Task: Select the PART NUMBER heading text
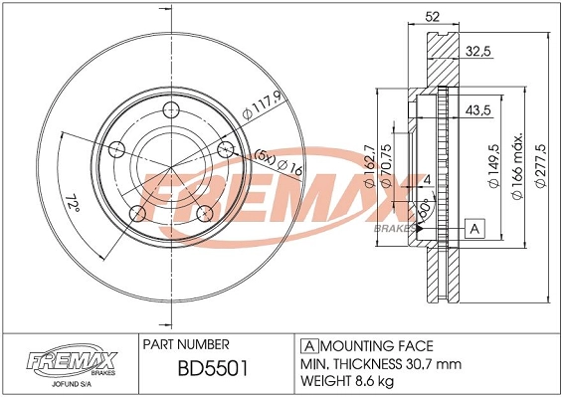[187, 344]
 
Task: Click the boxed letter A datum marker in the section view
[474, 230]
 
